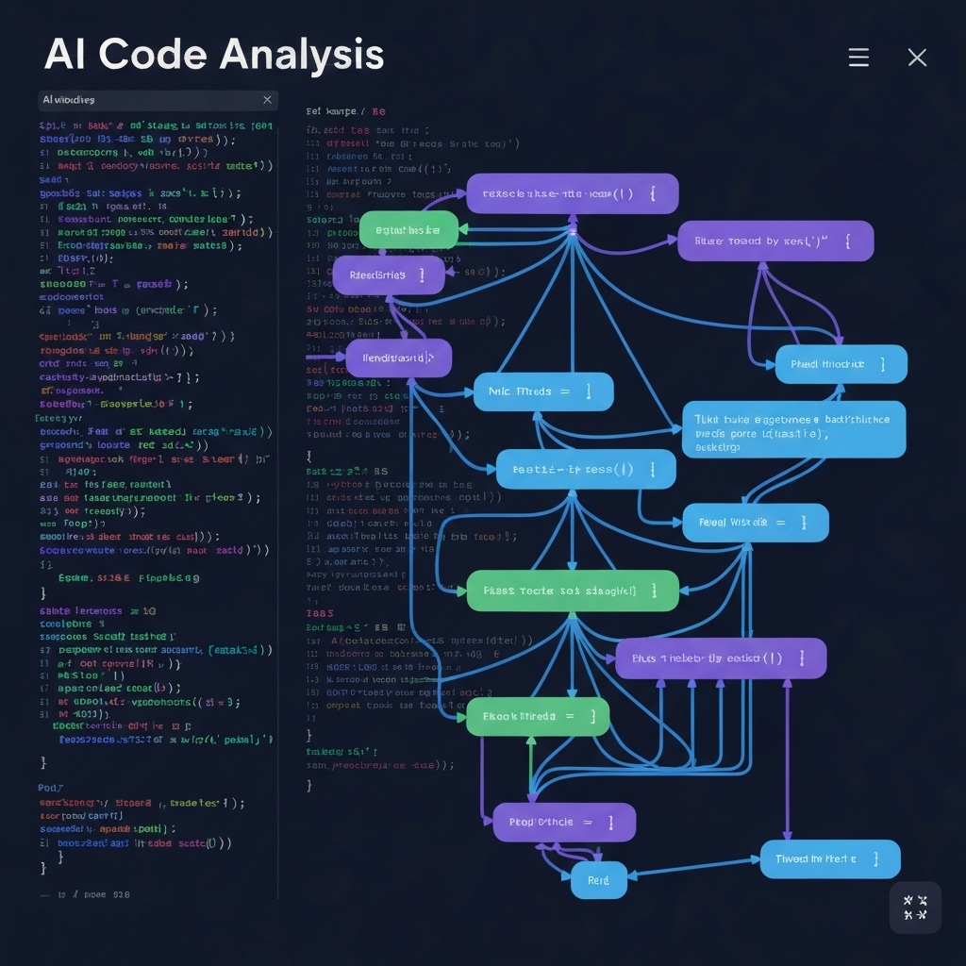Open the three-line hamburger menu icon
tap(858, 58)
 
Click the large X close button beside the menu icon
tap(917, 58)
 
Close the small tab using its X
tap(267, 99)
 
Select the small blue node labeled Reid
tap(599, 880)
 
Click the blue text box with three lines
tap(792, 429)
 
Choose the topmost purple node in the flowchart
tap(573, 193)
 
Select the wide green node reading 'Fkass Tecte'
tap(573, 591)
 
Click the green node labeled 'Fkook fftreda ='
tap(538, 717)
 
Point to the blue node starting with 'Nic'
tap(543, 391)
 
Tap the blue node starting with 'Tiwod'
tap(830, 859)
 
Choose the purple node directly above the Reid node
tap(564, 823)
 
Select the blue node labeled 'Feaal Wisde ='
tap(756, 523)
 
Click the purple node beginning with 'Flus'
tap(721, 658)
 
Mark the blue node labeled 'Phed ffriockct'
tap(841, 364)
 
